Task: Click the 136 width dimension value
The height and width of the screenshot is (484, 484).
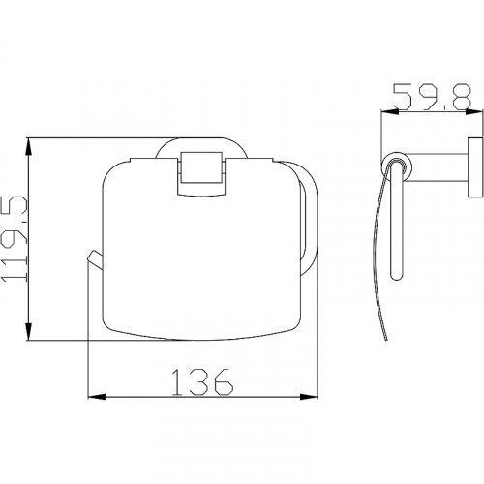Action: click(x=202, y=382)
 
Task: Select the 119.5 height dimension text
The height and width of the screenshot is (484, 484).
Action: click(x=15, y=238)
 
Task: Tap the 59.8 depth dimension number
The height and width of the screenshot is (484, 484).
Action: click(x=433, y=96)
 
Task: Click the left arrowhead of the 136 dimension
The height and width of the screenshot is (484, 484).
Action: click(x=97, y=397)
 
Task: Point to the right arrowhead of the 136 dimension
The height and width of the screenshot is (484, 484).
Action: click(x=309, y=397)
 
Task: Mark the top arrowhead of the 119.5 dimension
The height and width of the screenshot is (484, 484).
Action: click(x=29, y=147)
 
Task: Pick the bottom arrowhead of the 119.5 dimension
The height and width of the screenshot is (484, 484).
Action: click(x=29, y=331)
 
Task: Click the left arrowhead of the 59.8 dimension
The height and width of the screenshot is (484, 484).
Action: click(x=390, y=111)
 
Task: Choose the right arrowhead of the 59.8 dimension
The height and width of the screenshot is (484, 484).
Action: click(x=474, y=111)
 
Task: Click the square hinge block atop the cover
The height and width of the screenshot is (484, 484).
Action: click(x=201, y=173)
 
